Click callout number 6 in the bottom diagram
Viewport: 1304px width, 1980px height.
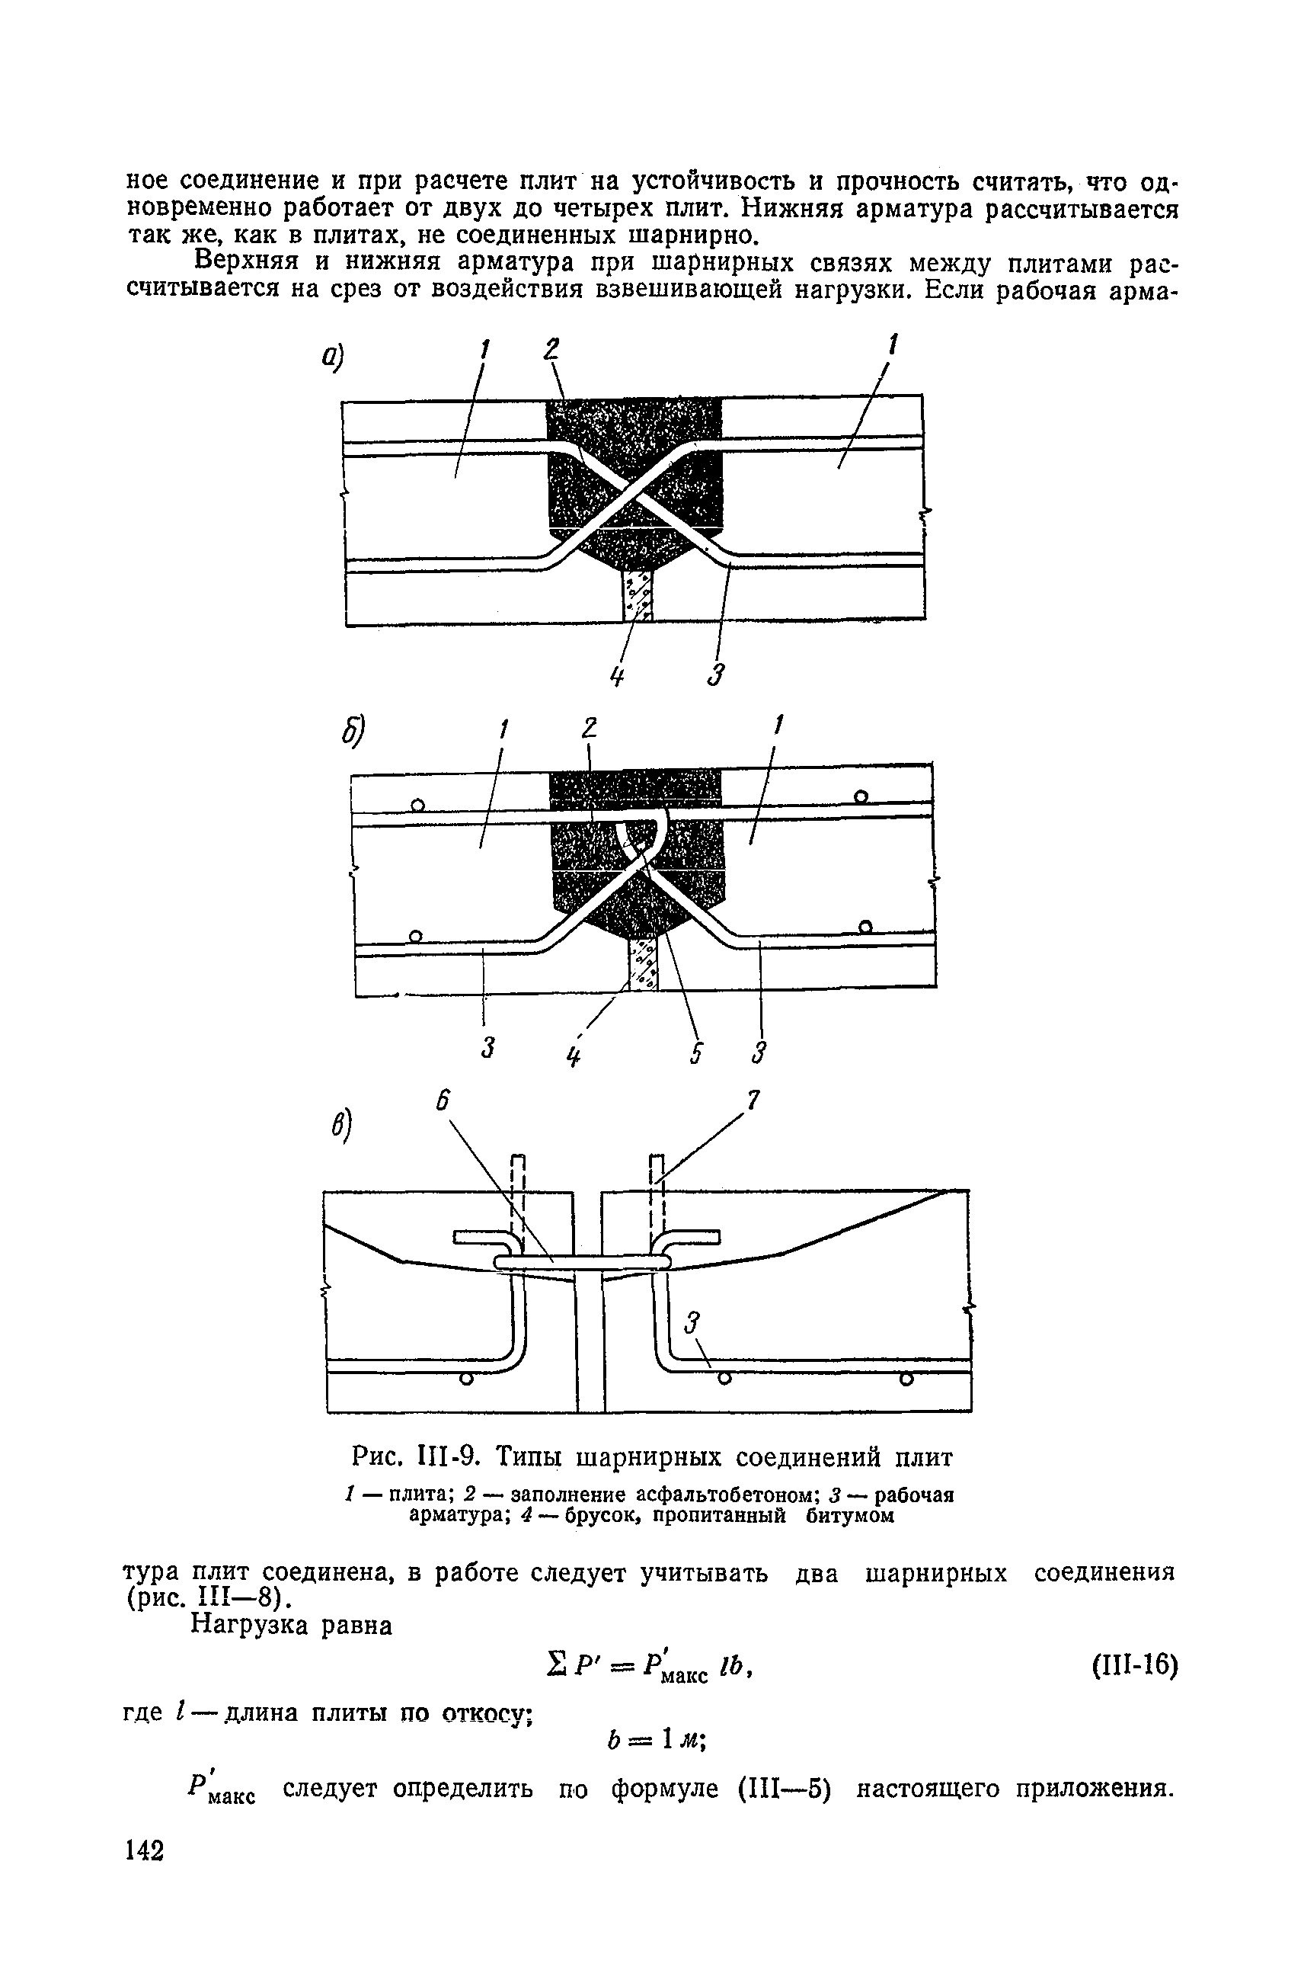[443, 1102]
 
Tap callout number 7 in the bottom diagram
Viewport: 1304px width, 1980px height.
[752, 1101]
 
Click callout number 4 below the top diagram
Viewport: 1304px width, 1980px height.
[616, 678]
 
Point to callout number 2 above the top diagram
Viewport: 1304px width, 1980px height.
[551, 349]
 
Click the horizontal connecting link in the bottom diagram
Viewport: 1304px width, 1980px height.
[582, 1263]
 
